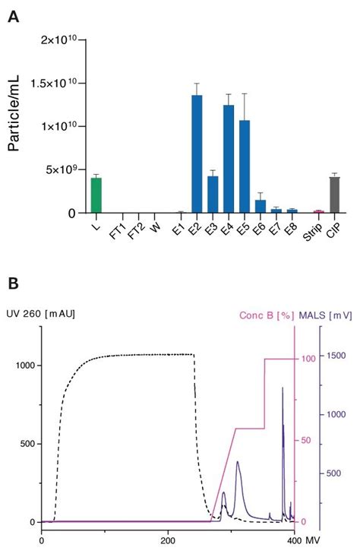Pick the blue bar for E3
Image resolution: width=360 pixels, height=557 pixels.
[x=213, y=195]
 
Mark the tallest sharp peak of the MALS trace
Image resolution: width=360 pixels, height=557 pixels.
[x=283, y=389]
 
